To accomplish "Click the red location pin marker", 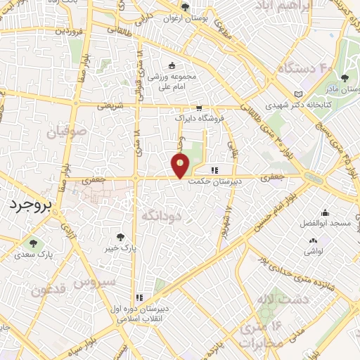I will [x=181, y=165].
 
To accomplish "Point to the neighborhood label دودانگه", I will [x=162, y=214].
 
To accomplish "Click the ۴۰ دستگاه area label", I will [x=303, y=69].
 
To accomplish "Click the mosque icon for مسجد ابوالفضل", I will [x=325, y=212].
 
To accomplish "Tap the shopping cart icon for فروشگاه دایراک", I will [x=199, y=109].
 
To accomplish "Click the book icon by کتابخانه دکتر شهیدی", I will [x=299, y=94].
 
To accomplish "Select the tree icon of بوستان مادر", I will [x=345, y=78].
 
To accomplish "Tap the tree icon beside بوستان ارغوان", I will [x=185, y=8].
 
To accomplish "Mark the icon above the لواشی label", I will [x=311, y=239].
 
